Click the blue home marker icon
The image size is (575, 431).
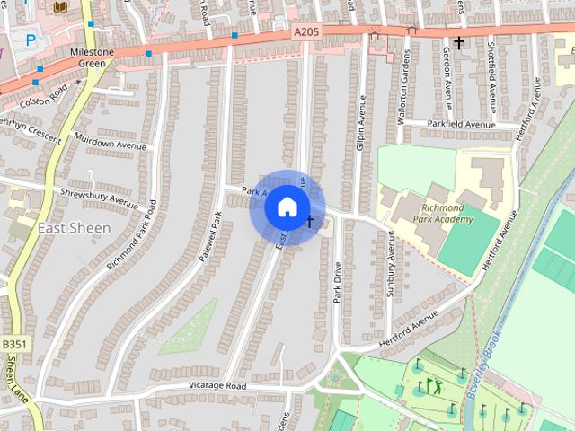click(287, 207)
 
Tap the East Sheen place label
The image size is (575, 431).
click(75, 227)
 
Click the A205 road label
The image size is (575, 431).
click(305, 31)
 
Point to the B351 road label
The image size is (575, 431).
click(13, 345)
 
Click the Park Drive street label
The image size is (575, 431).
click(339, 284)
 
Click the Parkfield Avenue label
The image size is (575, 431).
click(462, 124)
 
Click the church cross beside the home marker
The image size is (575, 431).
click(310, 221)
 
